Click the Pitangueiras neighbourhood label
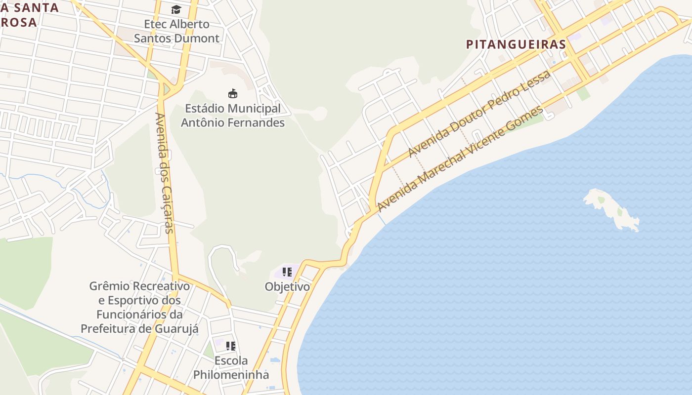click(516, 44)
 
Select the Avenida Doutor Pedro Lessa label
click(479, 114)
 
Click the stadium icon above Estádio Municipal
click(232, 93)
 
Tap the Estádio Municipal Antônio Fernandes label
click(232, 115)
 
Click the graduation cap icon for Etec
click(176, 10)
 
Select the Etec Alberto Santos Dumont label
click(176, 31)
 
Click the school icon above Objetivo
click(287, 272)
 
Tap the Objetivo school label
click(287, 287)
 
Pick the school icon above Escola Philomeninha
click(231, 346)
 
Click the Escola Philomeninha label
click(231, 367)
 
